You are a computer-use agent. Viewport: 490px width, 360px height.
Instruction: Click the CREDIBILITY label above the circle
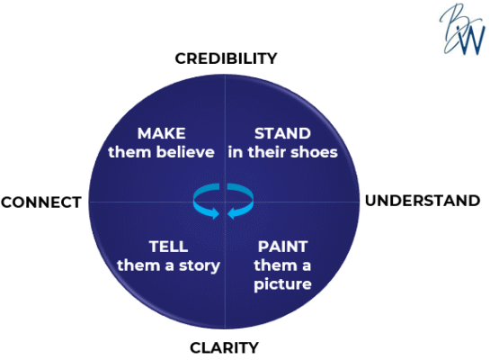226,58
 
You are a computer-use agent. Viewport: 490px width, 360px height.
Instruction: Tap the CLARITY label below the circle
224,347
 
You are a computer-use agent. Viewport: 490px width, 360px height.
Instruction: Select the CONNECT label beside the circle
41,202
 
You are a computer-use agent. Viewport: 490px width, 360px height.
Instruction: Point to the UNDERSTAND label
423,201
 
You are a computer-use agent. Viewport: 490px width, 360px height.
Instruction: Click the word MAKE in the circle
162,133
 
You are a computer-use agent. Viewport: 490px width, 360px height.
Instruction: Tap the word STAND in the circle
282,133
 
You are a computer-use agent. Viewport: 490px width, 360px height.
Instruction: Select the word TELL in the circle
168,247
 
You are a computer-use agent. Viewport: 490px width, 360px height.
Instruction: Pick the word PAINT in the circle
283,247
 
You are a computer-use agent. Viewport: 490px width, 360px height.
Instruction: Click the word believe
185,152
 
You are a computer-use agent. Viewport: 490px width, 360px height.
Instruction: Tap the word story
199,266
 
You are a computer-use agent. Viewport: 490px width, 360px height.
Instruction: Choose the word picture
282,284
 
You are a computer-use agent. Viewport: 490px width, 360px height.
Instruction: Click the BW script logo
462,29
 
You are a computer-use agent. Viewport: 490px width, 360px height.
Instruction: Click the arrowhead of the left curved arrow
215,213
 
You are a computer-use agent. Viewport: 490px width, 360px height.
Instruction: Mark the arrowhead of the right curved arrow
232,213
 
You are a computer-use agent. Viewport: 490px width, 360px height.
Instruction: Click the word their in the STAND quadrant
266,152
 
